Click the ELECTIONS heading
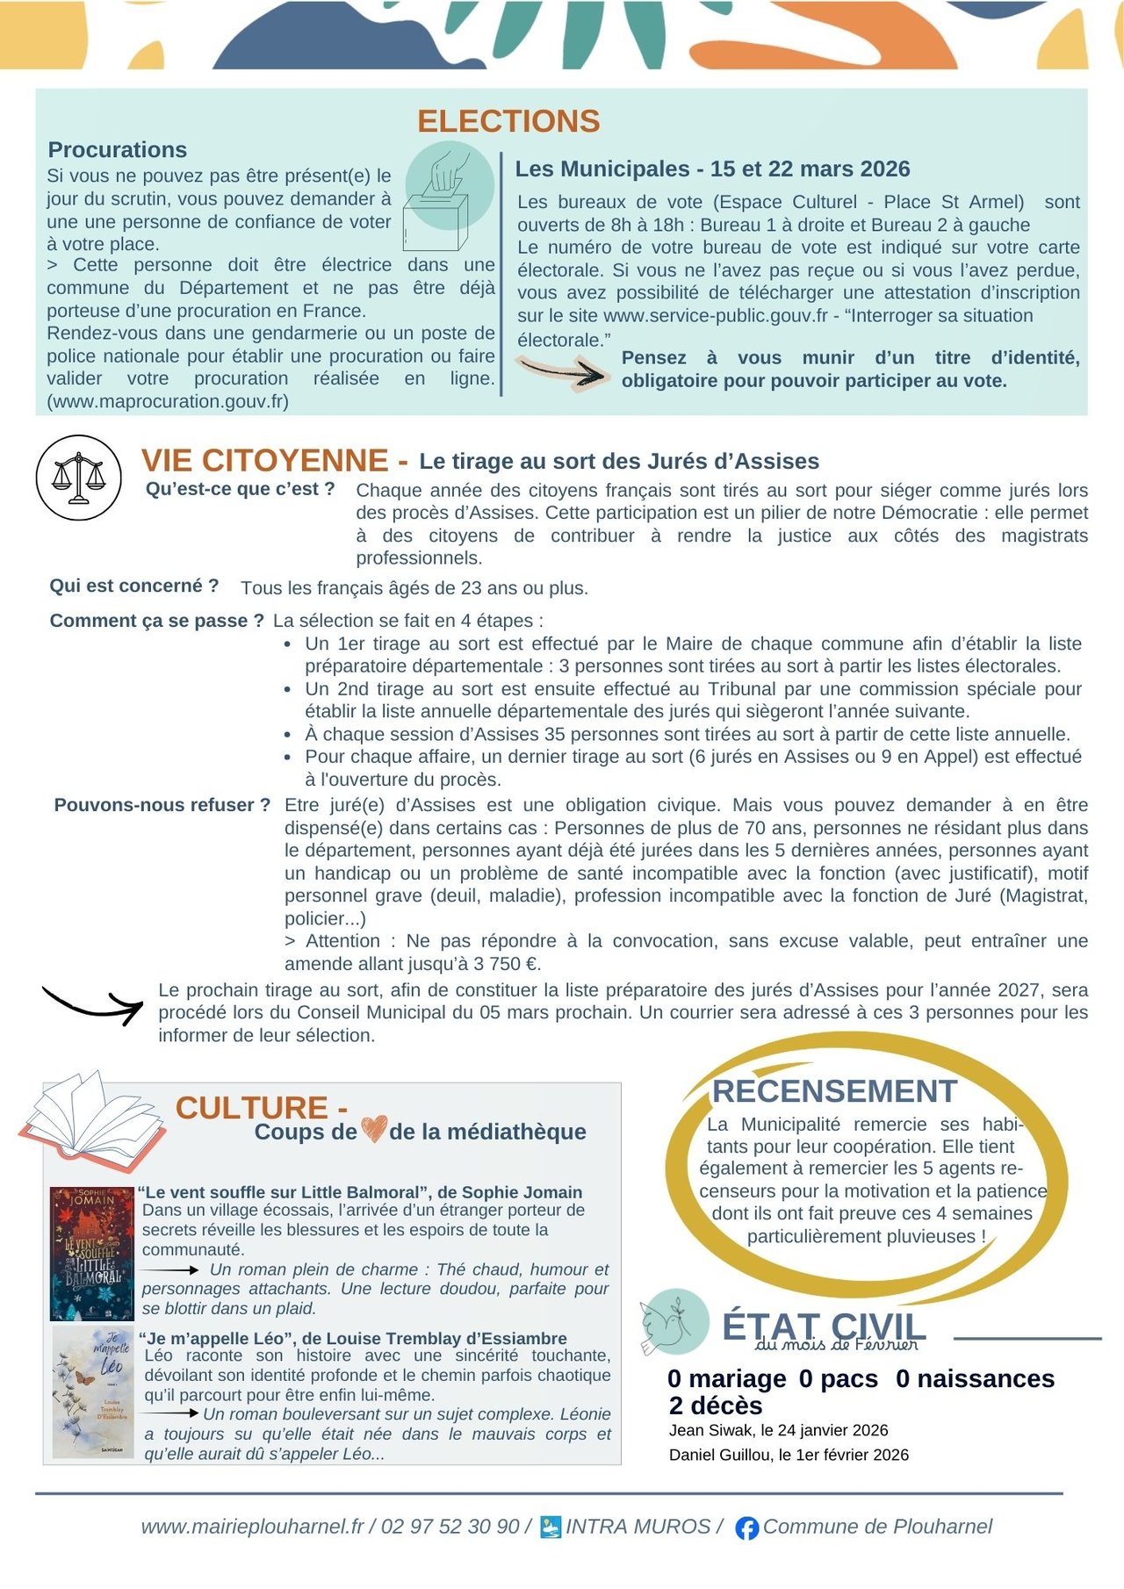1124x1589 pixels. (508, 121)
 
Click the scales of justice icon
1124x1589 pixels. (79, 478)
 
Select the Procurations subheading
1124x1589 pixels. (118, 150)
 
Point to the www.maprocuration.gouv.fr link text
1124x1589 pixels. (168, 402)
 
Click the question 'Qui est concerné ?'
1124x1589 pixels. (134, 586)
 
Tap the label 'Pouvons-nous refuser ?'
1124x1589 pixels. (162, 805)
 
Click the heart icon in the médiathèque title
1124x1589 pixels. (374, 1129)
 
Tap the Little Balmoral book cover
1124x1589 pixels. (91, 1254)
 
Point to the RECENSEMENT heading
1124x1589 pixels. (834, 1091)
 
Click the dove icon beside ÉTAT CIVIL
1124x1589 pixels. (673, 1321)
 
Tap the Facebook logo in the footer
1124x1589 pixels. (746, 1528)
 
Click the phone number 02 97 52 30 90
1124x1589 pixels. (450, 1527)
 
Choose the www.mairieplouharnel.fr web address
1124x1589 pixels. (252, 1527)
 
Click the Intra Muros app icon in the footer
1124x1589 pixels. (551, 1527)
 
